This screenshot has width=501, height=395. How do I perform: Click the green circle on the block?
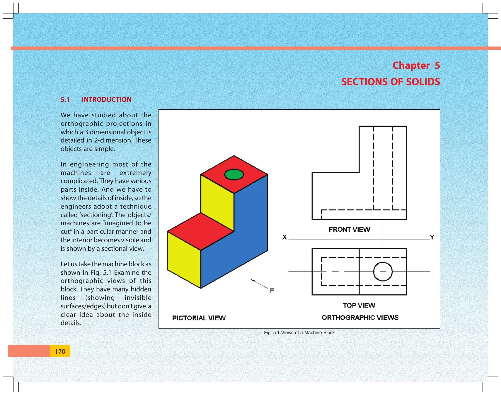234,175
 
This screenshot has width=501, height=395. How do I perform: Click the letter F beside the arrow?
272,290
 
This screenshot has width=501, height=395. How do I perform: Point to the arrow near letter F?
259,284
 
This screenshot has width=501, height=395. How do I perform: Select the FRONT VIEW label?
350,229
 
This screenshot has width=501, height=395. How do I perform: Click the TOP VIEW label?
359,305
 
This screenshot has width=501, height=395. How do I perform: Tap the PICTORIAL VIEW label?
199,318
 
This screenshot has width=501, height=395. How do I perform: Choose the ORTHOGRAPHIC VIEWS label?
360,318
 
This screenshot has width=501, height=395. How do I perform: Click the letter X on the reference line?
284,237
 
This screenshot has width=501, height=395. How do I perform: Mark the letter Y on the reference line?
432,237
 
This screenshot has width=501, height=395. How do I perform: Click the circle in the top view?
383,262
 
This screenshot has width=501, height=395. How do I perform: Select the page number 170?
60,351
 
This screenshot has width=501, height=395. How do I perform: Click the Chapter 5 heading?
416,66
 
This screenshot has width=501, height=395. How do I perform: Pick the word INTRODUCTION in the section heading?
106,99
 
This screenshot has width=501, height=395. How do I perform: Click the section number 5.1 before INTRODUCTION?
65,99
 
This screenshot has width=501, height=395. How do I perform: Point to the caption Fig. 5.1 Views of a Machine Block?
299,333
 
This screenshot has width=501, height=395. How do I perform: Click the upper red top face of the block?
234,174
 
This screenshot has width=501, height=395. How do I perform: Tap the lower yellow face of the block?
184,260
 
